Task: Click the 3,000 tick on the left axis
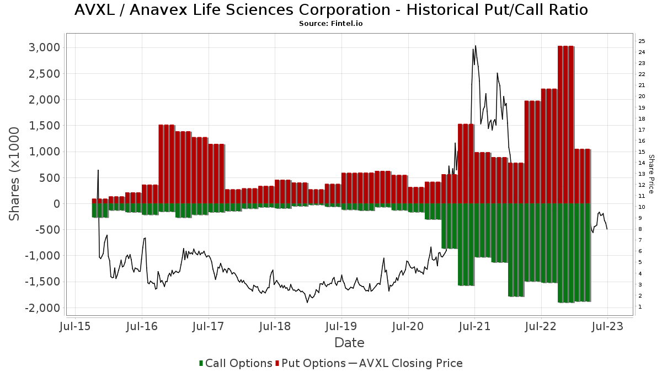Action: click(x=44, y=47)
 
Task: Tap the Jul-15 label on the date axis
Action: click(x=75, y=326)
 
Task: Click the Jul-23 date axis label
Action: click(x=607, y=326)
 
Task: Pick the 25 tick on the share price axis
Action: click(x=642, y=41)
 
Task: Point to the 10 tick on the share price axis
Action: click(x=642, y=207)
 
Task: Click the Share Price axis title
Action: click(x=651, y=174)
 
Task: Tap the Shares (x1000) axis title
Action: click(x=15, y=174)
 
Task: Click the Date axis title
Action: click(x=349, y=343)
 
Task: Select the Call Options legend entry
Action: click(x=236, y=363)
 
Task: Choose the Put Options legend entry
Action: click(x=313, y=363)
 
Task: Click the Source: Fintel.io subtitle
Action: click(x=330, y=24)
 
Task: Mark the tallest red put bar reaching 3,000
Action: click(x=566, y=121)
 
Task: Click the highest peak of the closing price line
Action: click(x=476, y=46)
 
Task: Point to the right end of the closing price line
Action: click(x=607, y=229)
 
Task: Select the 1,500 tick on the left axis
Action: click(x=44, y=126)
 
